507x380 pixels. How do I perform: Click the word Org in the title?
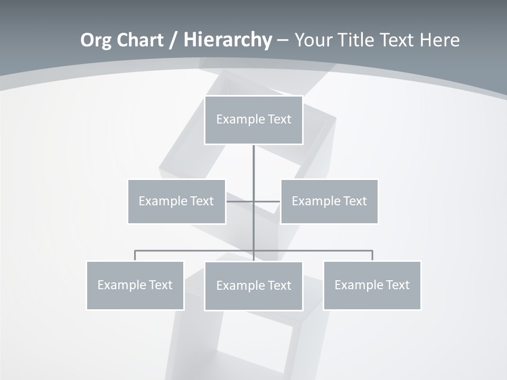tap(96, 40)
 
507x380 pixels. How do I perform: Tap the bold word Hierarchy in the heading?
tap(227, 40)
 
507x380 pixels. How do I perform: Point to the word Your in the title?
tap(314, 40)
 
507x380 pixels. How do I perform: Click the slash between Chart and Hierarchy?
tap(173, 41)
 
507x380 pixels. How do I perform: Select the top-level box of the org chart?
tap(253, 120)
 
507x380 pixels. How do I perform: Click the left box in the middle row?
tap(176, 202)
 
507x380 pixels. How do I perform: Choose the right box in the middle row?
tap(329, 202)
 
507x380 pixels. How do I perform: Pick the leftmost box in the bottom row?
tap(135, 286)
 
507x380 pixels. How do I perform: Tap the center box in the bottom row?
tap(253, 286)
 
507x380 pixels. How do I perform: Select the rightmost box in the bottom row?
tap(372, 286)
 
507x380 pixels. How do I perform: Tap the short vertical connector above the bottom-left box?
tap(135, 255)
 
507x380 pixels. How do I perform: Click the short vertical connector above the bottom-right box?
tap(372, 255)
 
